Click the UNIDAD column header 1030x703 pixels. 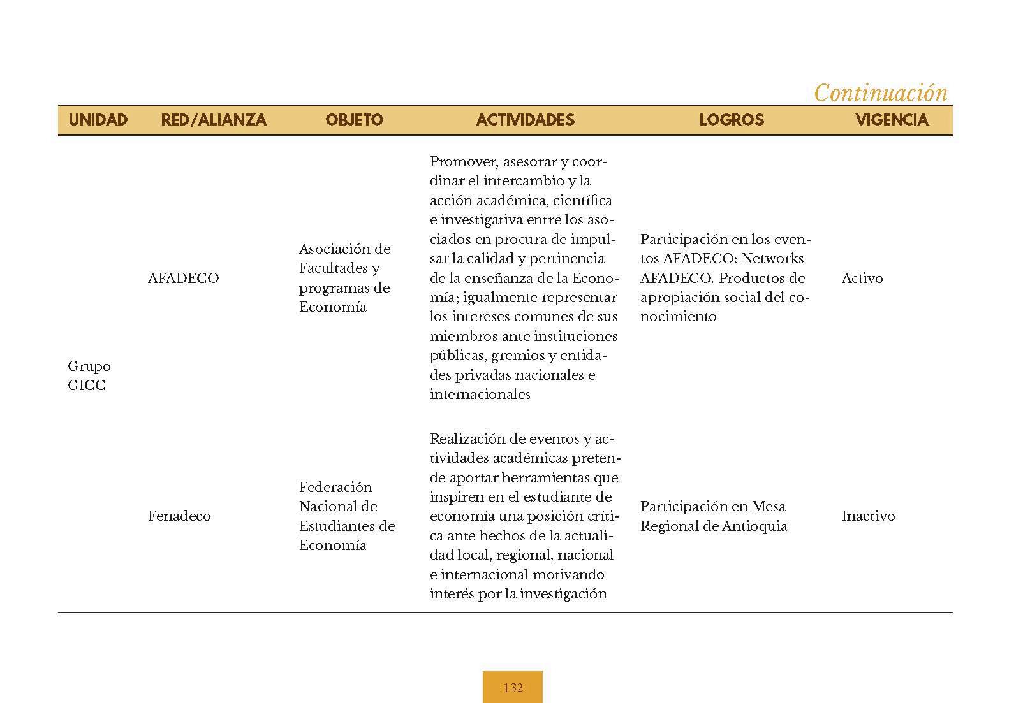click(98, 120)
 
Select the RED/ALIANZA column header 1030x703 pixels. click(214, 120)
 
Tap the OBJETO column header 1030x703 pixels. click(354, 120)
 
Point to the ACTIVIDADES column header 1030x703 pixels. click(525, 120)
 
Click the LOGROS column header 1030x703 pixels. click(731, 120)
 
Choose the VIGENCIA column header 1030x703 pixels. click(892, 120)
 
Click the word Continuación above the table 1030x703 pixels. click(881, 94)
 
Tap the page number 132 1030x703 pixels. click(513, 688)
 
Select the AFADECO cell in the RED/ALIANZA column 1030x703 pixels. click(183, 279)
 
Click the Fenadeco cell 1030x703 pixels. click(179, 516)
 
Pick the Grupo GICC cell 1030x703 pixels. click(89, 376)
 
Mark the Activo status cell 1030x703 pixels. click(862, 279)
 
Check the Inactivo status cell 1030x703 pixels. click(868, 516)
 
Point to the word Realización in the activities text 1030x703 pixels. click(464, 439)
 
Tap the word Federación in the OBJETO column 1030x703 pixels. click(335, 488)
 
